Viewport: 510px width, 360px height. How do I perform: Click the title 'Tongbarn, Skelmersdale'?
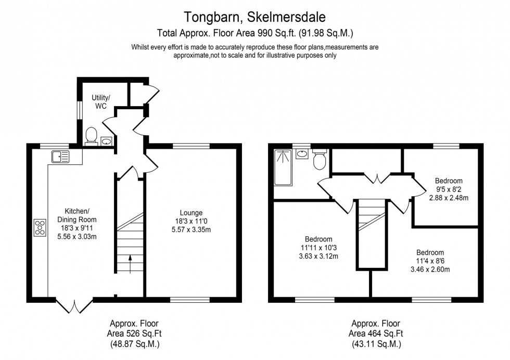[254, 18]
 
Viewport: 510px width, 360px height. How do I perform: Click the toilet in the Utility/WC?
[92, 135]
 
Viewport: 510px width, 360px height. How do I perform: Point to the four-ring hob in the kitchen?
[39, 228]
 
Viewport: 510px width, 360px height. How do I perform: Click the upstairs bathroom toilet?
[320, 160]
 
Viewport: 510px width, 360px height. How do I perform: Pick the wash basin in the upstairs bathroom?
[302, 155]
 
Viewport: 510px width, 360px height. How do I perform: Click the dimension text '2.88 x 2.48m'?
[449, 198]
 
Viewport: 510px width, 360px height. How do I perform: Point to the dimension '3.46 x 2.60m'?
[430, 269]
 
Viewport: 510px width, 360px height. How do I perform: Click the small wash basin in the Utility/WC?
[107, 140]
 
